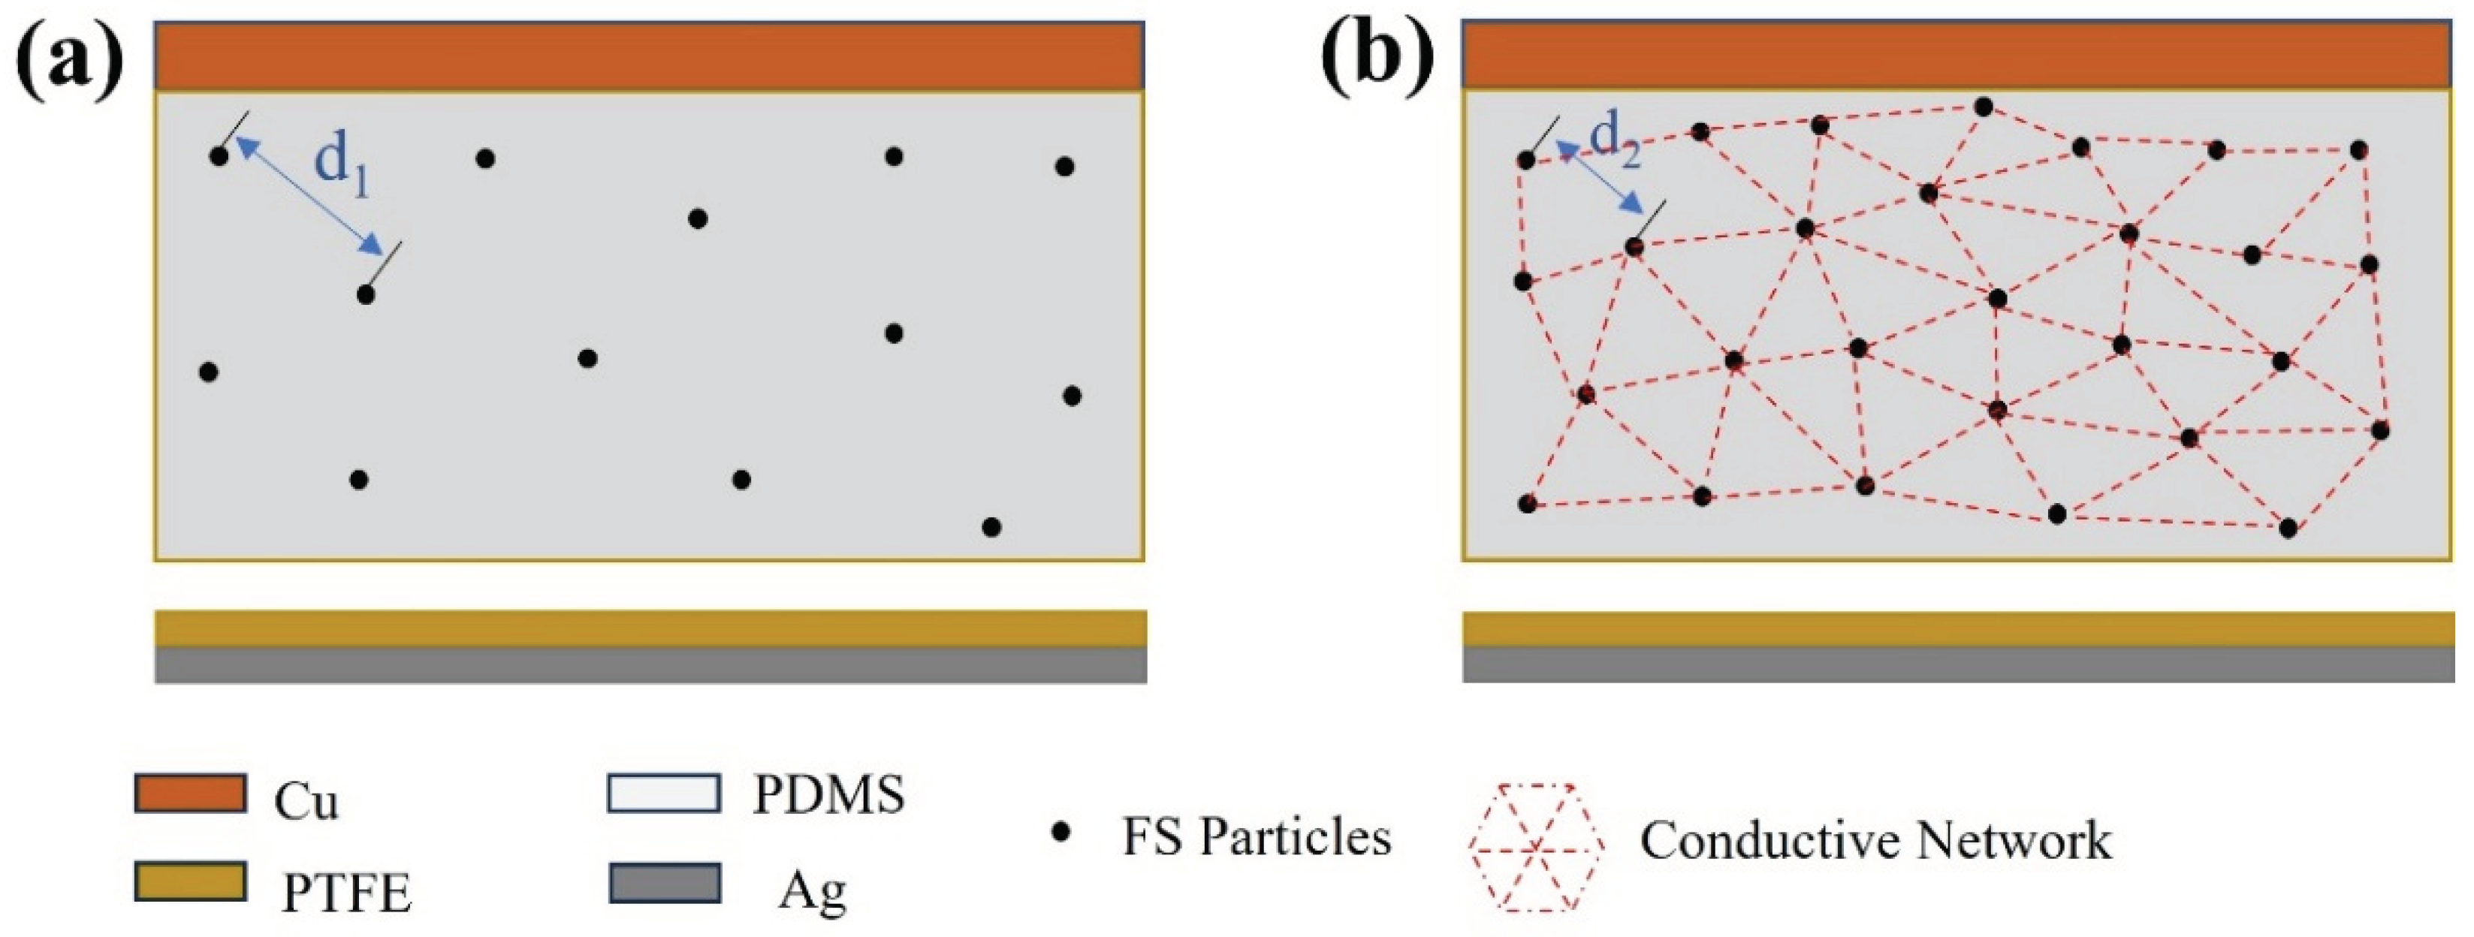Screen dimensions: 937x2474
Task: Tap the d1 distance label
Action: [342, 165]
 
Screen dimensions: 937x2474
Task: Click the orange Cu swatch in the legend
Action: [190, 794]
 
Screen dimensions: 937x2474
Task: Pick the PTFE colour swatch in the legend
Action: [190, 881]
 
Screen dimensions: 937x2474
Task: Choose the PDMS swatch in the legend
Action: [664, 794]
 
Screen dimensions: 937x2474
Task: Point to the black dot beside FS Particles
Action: [1061, 833]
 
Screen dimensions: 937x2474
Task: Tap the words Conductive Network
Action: [1875, 841]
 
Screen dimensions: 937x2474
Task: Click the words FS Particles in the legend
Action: [1257, 837]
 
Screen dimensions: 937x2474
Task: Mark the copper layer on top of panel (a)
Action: [649, 56]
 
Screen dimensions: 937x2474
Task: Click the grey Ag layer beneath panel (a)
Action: [651, 664]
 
